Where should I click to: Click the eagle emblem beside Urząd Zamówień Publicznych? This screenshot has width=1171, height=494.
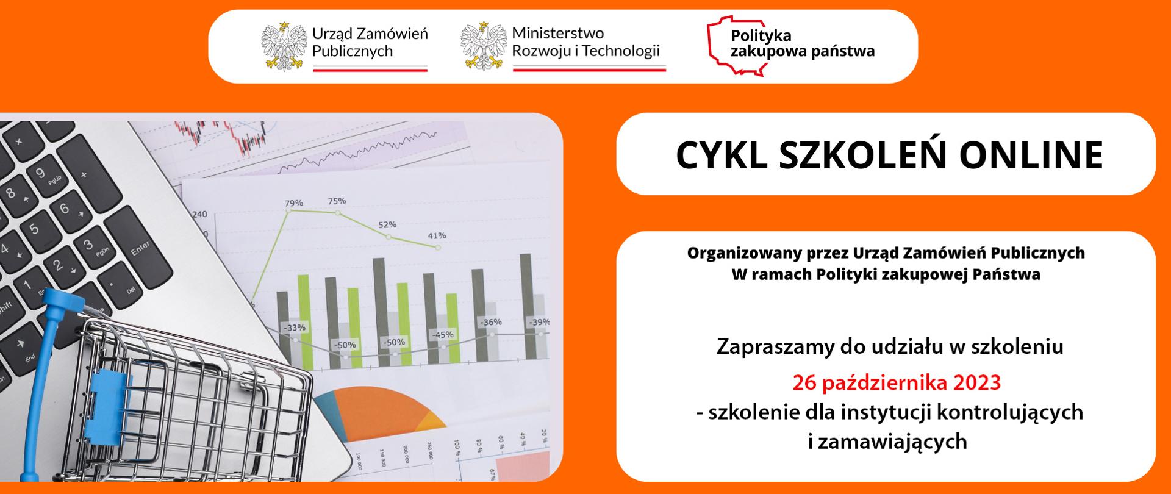pos(284,46)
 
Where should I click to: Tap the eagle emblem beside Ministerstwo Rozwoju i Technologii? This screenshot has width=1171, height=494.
pos(484,46)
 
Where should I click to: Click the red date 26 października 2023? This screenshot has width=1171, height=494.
pos(897,383)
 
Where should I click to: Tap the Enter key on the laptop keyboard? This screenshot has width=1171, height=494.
pos(141,248)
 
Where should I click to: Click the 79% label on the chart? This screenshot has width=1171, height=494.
pos(294,203)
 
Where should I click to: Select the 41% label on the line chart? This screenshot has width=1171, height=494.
pos(437,235)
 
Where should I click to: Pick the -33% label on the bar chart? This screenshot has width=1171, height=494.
pos(295,328)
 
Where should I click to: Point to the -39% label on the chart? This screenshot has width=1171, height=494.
pos(539,322)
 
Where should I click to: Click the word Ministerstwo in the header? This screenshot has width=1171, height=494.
pos(557,34)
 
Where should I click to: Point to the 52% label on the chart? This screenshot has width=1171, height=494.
pos(387,224)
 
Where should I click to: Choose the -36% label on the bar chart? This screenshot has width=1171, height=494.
pos(490,322)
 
